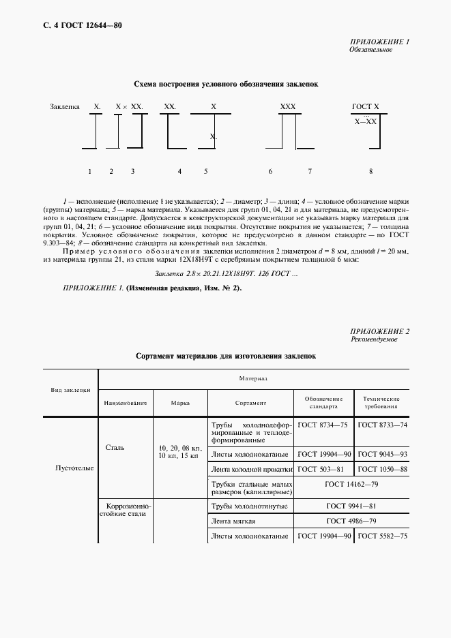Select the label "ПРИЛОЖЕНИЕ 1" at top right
379,42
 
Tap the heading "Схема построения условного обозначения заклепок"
225,84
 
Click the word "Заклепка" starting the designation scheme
66,107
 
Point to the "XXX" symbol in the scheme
288,107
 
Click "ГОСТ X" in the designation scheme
365,107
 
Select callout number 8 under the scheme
370,172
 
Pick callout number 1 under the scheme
90,172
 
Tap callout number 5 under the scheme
205,172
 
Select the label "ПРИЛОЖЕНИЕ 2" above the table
379,331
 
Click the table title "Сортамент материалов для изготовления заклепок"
225,356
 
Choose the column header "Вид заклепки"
71,390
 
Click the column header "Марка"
180,402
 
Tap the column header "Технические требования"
381,402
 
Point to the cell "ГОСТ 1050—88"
382,469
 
